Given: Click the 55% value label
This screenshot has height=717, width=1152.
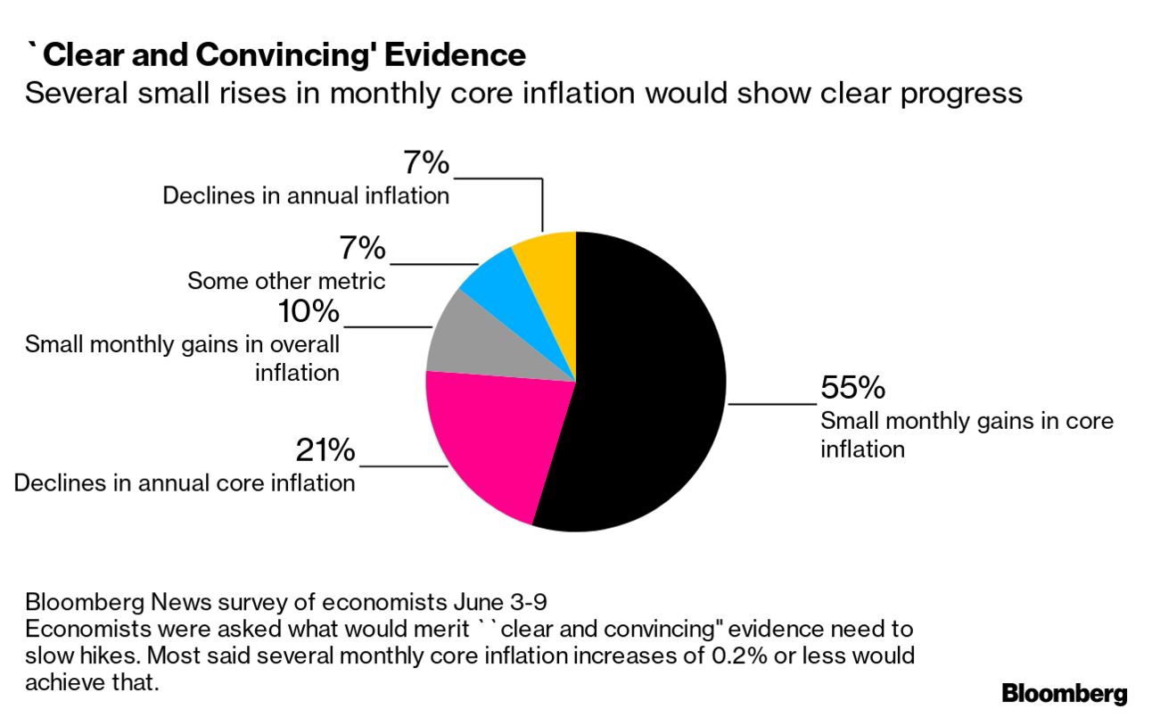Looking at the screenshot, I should (852, 388).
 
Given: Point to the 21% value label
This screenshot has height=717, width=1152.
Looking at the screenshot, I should (325, 451).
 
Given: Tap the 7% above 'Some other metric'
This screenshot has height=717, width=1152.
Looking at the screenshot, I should (362, 249).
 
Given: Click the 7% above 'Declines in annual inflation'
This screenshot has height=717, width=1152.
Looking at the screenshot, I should (426, 163).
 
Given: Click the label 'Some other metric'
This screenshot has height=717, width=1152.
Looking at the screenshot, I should (286, 282).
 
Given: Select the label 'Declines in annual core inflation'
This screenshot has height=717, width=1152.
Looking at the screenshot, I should (185, 483).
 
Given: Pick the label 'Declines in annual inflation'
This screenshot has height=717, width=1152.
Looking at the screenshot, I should (306, 195).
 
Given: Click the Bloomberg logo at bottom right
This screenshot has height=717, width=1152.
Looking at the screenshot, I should (1065, 694).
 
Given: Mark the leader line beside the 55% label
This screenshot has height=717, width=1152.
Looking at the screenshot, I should (772, 404).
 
